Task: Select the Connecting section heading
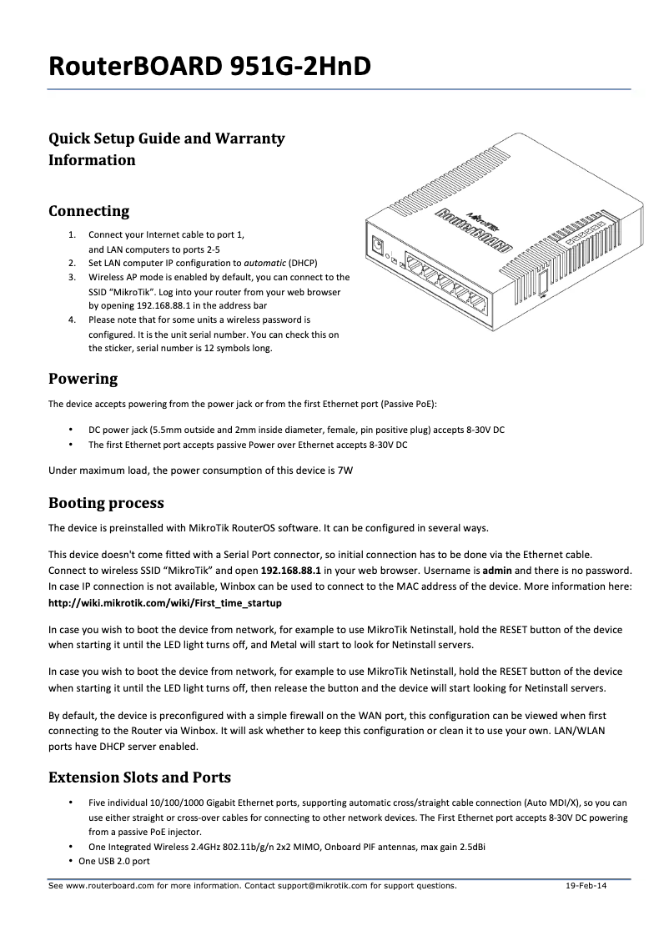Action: click(88, 211)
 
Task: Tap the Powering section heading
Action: click(83, 380)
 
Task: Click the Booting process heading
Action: click(106, 503)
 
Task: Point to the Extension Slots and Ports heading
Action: click(139, 777)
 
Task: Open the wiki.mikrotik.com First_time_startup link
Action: click(164, 602)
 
